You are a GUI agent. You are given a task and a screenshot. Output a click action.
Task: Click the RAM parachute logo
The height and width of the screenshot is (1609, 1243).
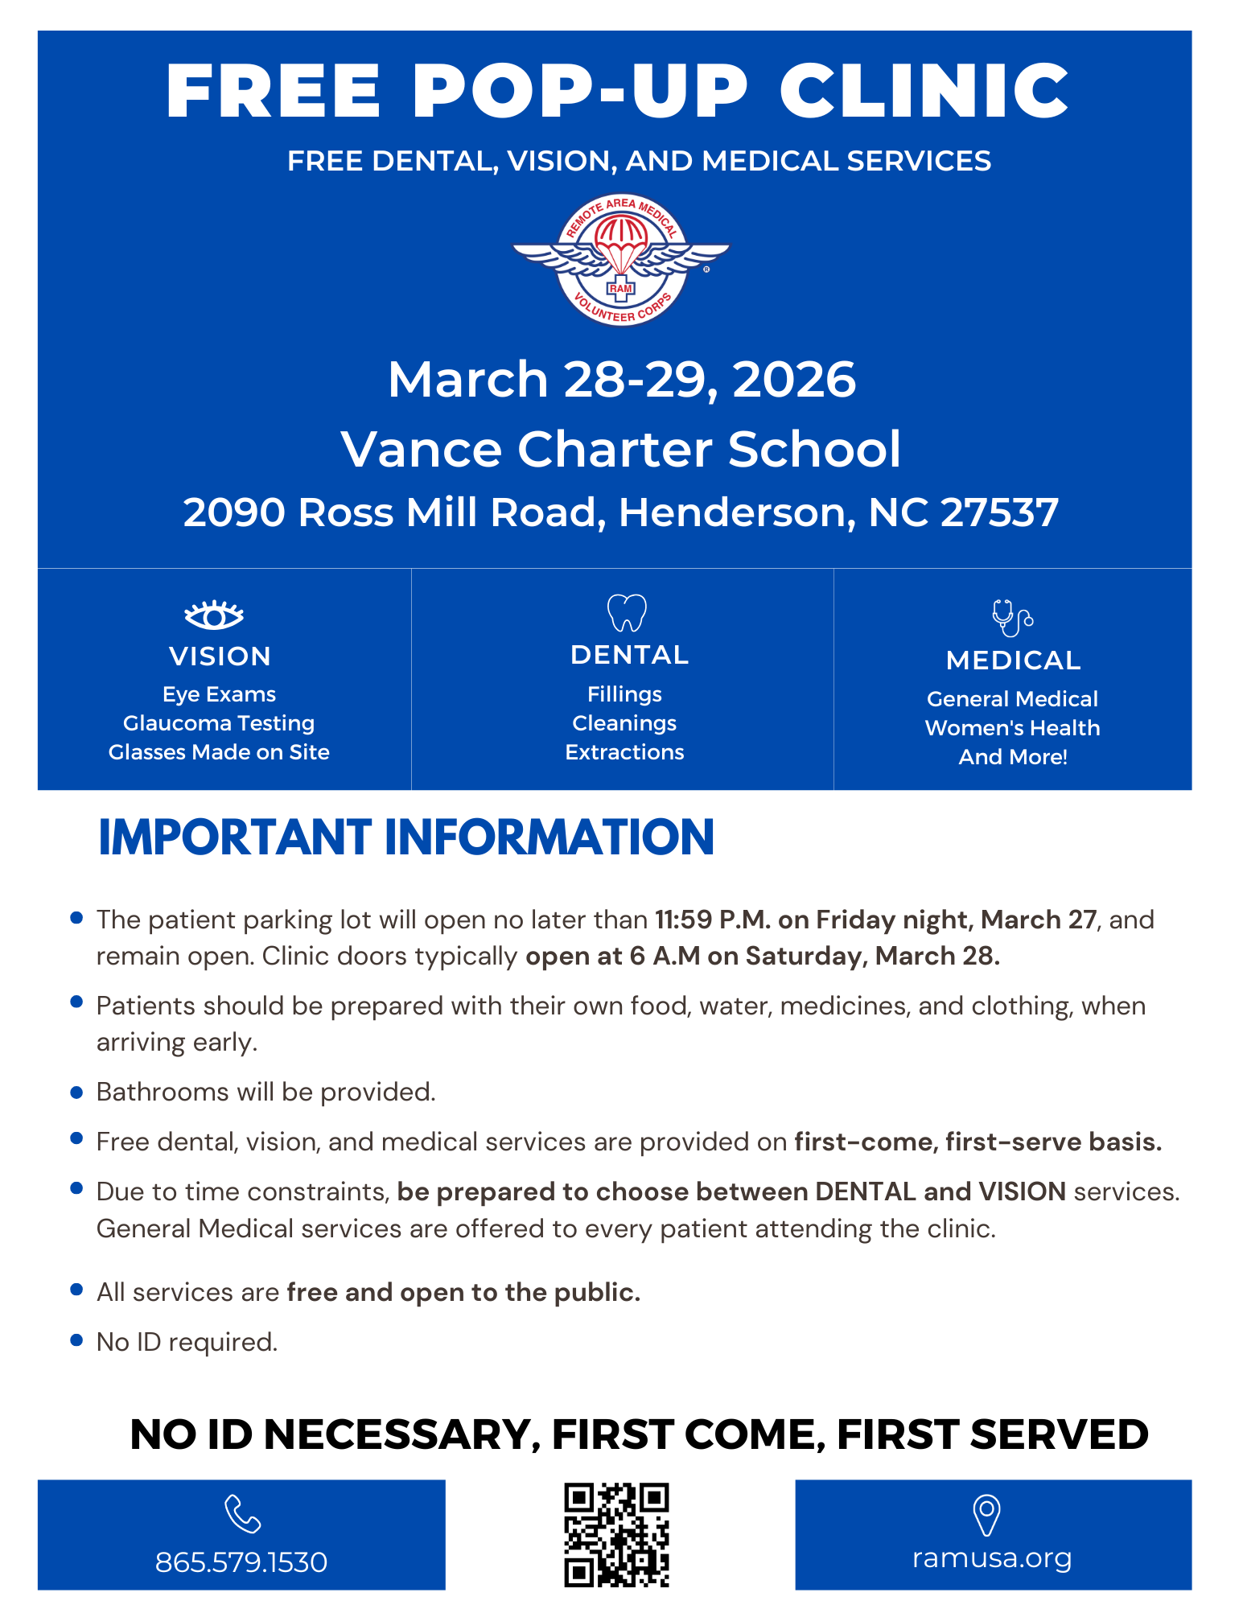tap(620, 260)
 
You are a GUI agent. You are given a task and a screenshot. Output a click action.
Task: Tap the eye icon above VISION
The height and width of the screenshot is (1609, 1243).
tap(214, 615)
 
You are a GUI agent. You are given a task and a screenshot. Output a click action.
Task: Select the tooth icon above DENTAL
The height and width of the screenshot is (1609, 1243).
tap(627, 613)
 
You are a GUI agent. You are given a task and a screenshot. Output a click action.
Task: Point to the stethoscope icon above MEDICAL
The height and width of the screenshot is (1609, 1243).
tap(1011, 618)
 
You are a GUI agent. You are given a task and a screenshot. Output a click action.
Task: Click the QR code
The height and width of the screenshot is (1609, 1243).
tap(616, 1534)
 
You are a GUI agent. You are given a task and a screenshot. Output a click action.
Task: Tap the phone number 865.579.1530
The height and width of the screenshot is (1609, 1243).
tap(241, 1562)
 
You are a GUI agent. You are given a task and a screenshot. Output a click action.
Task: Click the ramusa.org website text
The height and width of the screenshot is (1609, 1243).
tap(992, 1558)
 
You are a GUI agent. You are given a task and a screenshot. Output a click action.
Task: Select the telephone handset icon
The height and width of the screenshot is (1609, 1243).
tap(242, 1513)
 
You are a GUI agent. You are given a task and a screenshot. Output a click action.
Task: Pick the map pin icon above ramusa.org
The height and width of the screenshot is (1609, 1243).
tap(986, 1515)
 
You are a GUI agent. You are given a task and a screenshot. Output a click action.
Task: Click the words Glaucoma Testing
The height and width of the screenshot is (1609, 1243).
tap(219, 723)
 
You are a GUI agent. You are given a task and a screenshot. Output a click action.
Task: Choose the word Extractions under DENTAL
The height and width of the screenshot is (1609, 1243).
tap(624, 752)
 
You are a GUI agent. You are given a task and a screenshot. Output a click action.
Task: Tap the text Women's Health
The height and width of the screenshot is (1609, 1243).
tap(1012, 728)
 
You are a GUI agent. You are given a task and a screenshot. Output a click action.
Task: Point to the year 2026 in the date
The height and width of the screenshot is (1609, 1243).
tap(794, 380)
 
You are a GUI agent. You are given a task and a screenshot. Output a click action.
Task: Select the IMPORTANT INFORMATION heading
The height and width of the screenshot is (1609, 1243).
tap(406, 837)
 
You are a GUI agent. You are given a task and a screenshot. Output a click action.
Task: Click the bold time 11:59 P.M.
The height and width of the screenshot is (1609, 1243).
tap(713, 920)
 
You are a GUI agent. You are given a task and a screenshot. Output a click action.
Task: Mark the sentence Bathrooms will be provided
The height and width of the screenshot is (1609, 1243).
tap(265, 1092)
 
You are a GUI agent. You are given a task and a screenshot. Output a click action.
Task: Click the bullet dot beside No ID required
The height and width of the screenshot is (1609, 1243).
tap(77, 1340)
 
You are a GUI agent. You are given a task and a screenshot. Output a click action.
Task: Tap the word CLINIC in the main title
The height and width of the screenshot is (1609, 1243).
tap(924, 90)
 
